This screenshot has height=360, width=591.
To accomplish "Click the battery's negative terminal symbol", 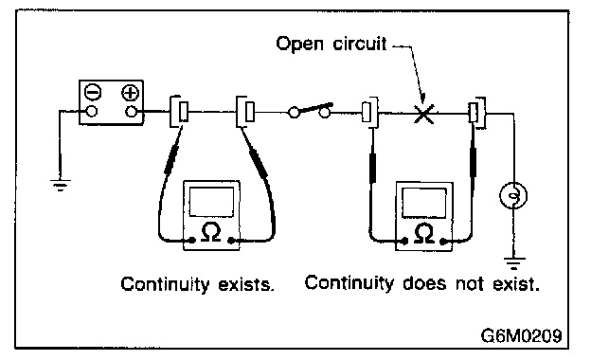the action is [x=93, y=92].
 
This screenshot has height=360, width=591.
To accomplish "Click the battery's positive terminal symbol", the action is [x=131, y=93].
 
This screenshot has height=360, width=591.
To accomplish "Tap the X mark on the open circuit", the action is [x=423, y=114].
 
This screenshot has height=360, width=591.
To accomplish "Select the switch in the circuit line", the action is [x=310, y=110].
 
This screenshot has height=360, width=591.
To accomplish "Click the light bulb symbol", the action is [x=513, y=195].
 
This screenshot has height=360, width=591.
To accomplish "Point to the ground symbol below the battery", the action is [x=60, y=185].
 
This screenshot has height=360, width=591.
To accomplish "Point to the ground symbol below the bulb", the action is [x=514, y=263].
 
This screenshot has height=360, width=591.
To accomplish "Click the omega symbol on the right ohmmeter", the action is [x=424, y=233].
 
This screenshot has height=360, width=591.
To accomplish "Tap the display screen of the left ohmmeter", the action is [x=211, y=202].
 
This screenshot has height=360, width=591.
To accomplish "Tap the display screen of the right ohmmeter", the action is [x=424, y=203].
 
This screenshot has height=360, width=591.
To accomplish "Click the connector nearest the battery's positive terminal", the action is [x=179, y=112].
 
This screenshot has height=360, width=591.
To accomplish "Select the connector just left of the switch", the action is [x=245, y=112].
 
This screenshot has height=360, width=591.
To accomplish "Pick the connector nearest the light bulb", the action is [x=476, y=113].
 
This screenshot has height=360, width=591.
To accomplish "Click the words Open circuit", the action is [x=331, y=44].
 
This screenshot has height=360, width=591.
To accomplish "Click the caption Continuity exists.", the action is [x=197, y=284].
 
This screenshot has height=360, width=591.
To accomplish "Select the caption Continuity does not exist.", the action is [x=422, y=283].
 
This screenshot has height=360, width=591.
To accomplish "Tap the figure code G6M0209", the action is [x=521, y=335].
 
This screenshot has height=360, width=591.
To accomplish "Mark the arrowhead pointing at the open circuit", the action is [x=422, y=99].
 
